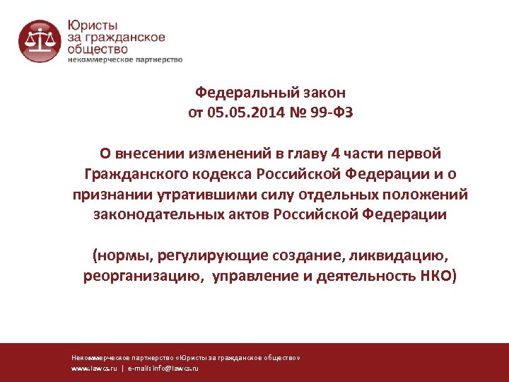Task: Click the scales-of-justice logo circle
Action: pos(40,40)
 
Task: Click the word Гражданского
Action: pos(134,174)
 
